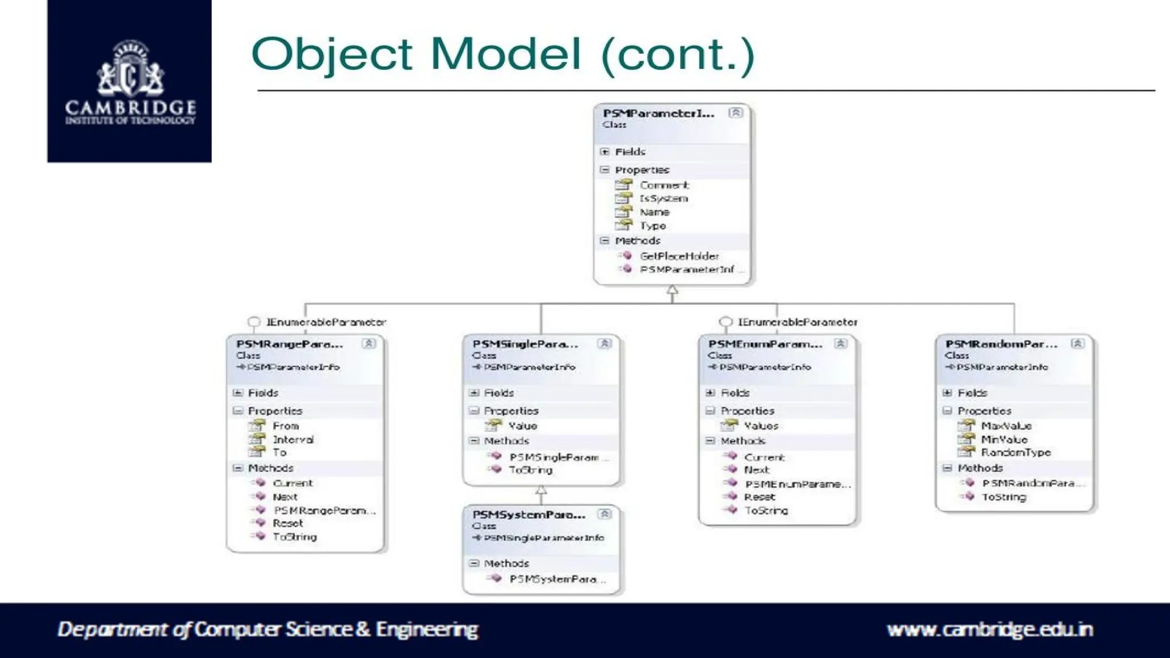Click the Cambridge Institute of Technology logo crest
point(130,69)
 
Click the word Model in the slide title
point(505,54)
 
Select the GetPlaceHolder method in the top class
point(679,256)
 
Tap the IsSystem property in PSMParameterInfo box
point(663,198)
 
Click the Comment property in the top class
point(664,185)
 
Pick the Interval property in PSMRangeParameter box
point(292,439)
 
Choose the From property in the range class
point(286,426)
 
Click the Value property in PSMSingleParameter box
point(522,426)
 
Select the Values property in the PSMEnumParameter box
point(760,426)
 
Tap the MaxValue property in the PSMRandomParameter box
point(1006,426)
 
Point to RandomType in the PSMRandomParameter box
point(1016,452)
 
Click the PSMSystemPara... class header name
point(528,515)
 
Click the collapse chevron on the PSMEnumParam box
point(840,343)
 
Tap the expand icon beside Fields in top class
point(605,152)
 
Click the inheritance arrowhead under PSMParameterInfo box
point(672,290)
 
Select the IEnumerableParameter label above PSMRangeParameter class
point(326,322)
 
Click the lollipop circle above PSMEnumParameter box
point(726,322)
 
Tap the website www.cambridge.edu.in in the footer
point(989,629)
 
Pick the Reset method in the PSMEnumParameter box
point(759,497)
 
